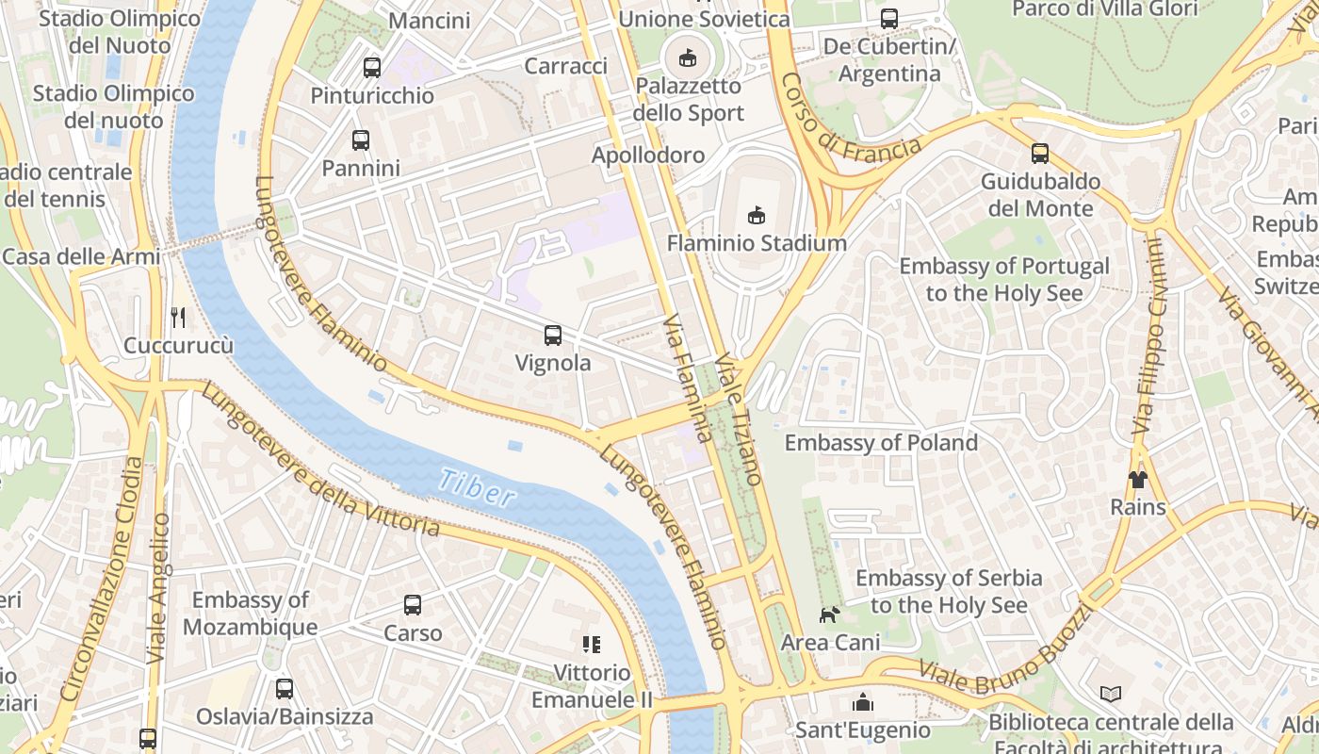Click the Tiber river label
tap(477, 487)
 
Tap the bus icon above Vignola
tap(553, 335)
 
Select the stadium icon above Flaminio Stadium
tap(757, 216)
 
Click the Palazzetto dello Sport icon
tap(688, 58)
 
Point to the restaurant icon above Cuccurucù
tap(177, 317)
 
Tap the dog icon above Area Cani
tap(829, 615)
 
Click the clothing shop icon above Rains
tap(1137, 480)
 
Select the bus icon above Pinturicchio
tap(372, 68)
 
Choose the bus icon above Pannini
tap(360, 140)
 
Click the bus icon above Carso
tap(413, 605)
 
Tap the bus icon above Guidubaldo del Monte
tap(1040, 154)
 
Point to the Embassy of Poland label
tap(881, 442)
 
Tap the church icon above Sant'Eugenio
tap(862, 702)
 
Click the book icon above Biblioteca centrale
tap(1111, 695)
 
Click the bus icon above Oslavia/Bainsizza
tap(285, 689)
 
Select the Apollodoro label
tap(648, 155)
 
